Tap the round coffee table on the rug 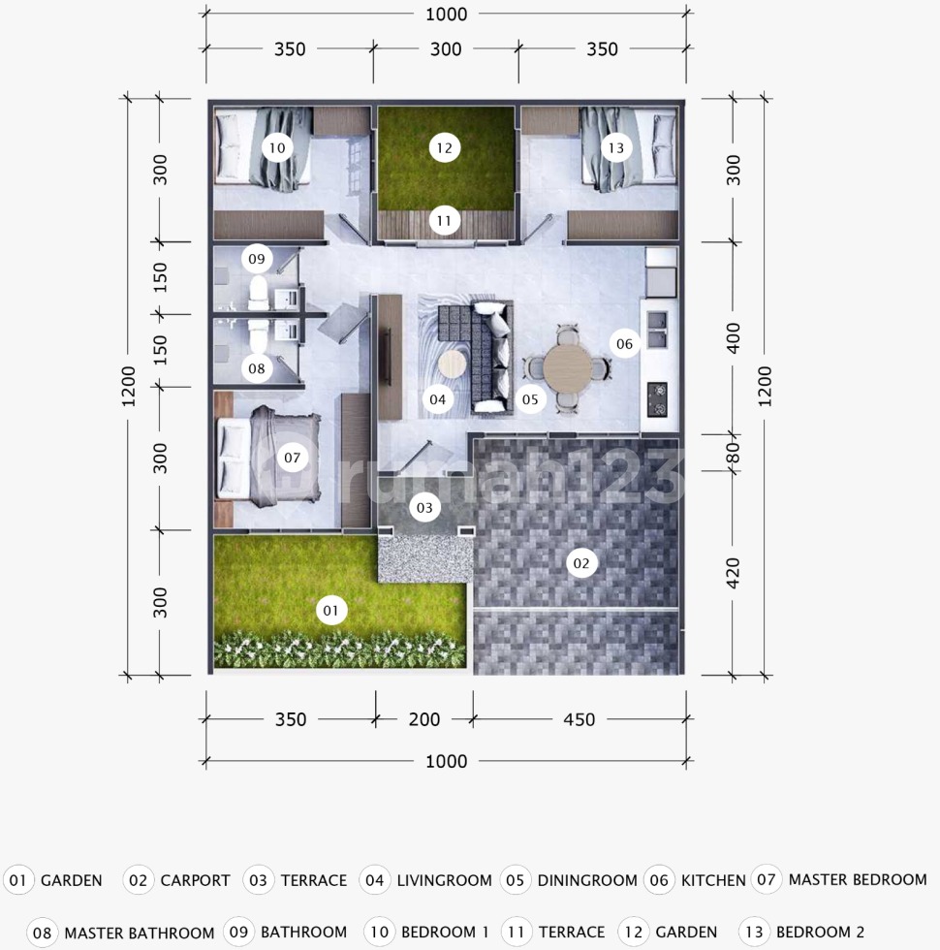point(452,364)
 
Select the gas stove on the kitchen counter point(657,399)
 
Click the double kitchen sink point(657,330)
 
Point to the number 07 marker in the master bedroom point(292,458)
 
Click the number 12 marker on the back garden point(444,147)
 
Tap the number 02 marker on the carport point(580,563)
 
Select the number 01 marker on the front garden point(330,610)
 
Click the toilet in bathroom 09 point(258,293)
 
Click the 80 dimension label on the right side point(733,453)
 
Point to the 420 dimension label point(733,573)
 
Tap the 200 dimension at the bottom point(424,719)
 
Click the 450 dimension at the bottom point(580,719)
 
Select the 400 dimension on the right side point(733,338)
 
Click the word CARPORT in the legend point(195,880)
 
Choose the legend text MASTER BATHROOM point(140,933)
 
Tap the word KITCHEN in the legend point(713,880)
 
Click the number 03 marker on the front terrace point(424,507)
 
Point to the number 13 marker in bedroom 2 point(616,147)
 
